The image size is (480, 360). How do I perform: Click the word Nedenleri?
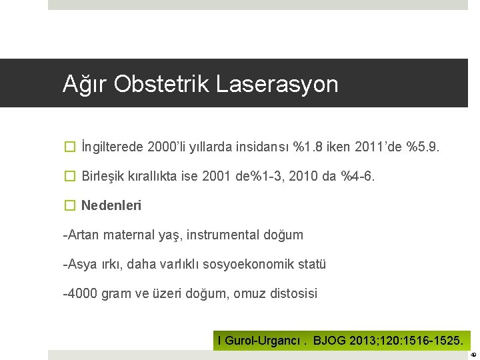pos(111,205)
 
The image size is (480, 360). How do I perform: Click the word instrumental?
pos(226,235)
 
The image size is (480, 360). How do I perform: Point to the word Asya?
pos(80,264)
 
